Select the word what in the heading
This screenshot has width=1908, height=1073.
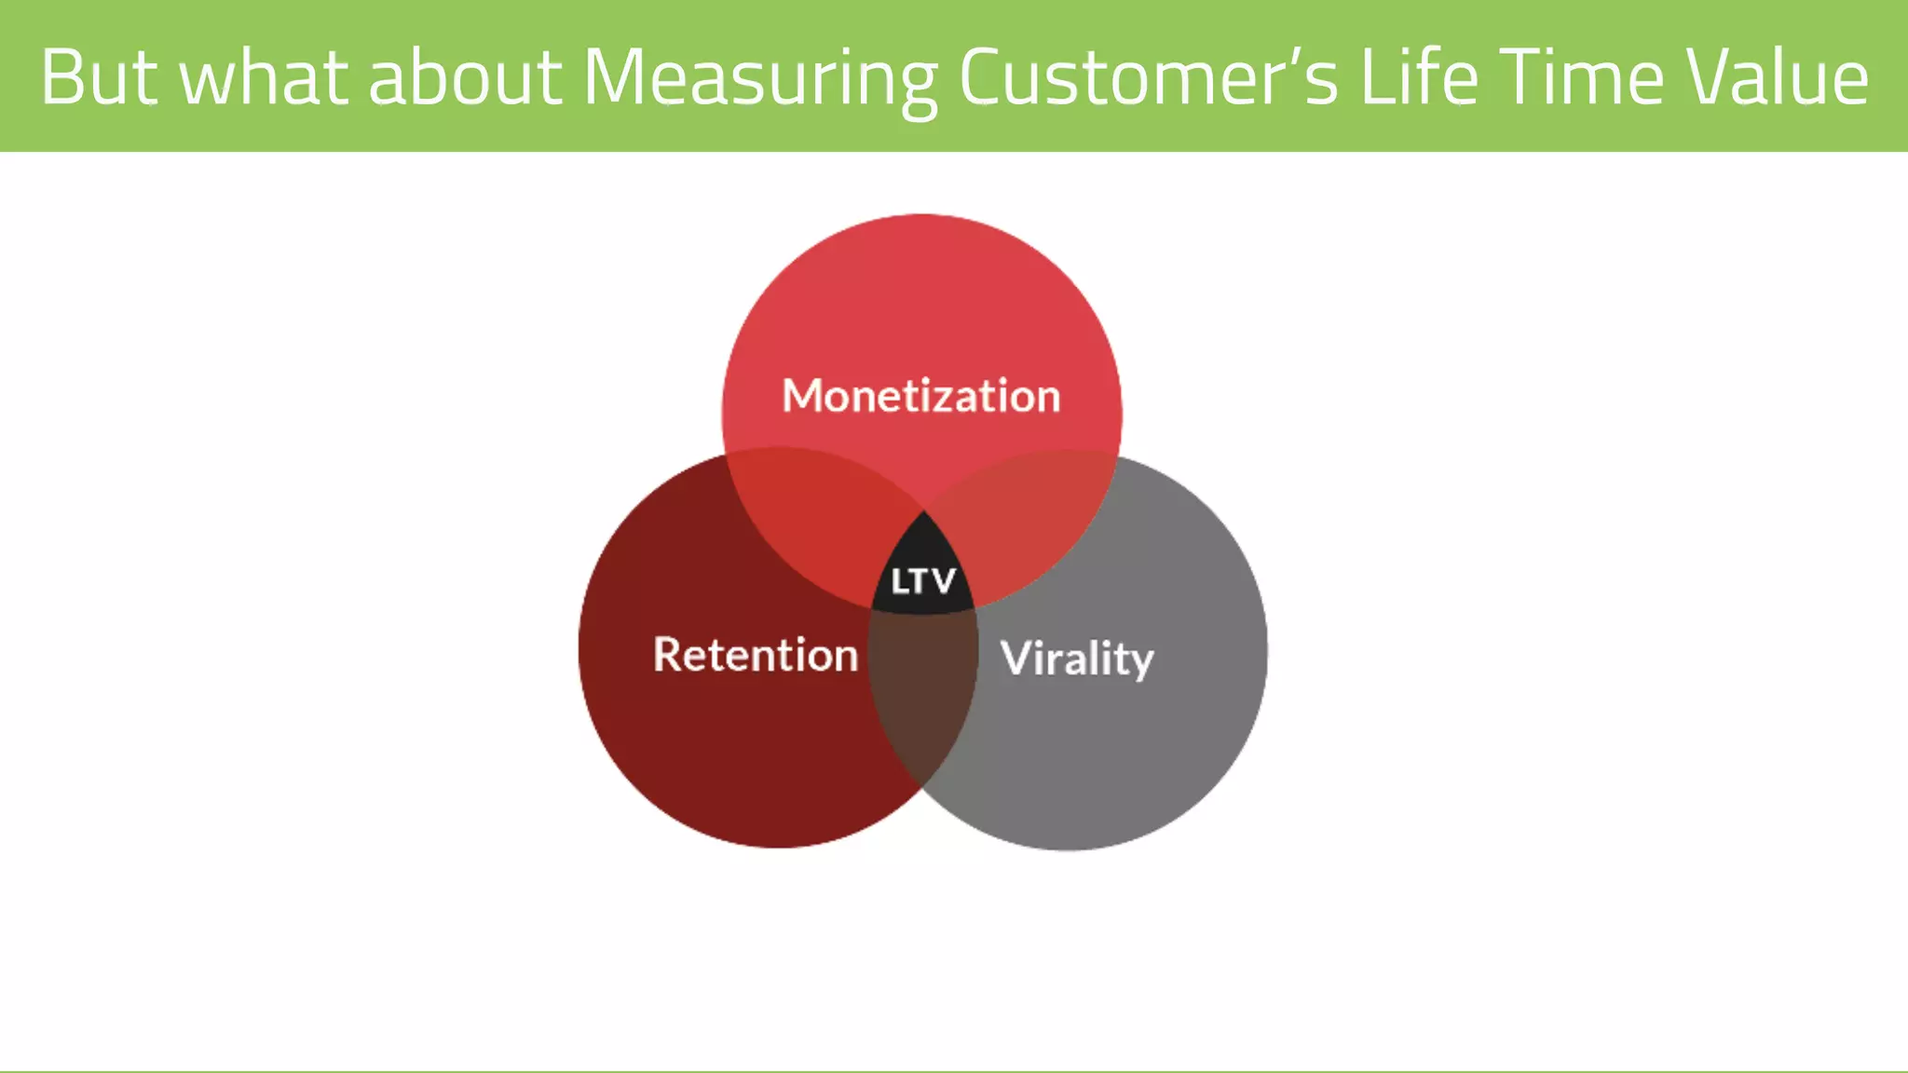[x=264, y=77]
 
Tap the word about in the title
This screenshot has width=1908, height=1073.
[x=465, y=77]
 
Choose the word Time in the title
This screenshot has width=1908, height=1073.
[x=1581, y=77]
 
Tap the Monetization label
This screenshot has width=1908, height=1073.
[x=920, y=396]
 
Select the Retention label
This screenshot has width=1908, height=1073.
[x=755, y=654]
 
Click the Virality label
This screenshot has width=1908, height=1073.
[x=1077, y=659]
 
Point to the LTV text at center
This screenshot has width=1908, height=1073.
[x=922, y=581]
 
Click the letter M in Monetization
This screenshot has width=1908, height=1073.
[x=802, y=396]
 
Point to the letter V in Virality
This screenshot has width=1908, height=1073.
[x=1017, y=658]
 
